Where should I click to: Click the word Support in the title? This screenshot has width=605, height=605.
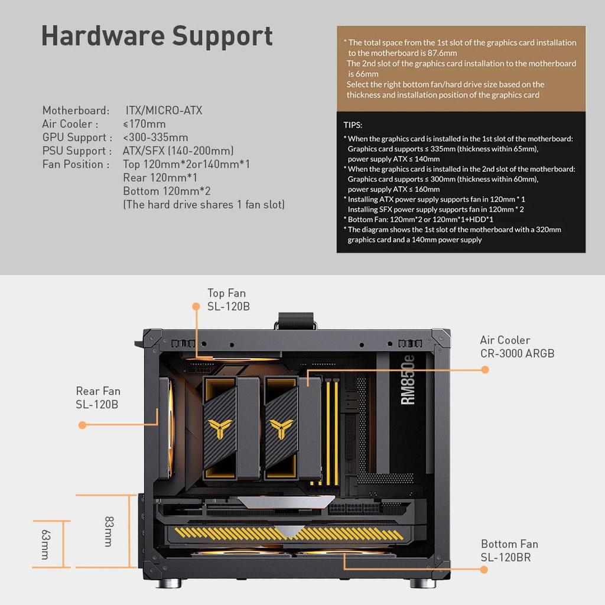[223, 37]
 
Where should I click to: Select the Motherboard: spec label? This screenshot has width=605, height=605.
[76, 110]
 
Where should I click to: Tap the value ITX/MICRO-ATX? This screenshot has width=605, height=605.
[164, 110]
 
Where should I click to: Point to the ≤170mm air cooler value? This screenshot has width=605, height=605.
[144, 124]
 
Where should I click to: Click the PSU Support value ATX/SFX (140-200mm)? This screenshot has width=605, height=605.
[178, 151]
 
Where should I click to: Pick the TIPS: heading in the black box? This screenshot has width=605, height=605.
[353, 125]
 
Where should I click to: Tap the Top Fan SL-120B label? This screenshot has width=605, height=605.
[226, 300]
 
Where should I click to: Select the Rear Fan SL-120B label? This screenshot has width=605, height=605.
[98, 397]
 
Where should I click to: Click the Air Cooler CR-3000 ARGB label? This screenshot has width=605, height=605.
[517, 347]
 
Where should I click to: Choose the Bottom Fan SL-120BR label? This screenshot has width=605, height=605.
[509, 550]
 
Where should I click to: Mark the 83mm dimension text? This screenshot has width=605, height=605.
[109, 531]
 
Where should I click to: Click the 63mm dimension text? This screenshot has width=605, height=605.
[44, 544]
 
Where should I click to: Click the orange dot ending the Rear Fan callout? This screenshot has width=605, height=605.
[82, 425]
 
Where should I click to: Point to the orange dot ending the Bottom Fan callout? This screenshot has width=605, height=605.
[484, 570]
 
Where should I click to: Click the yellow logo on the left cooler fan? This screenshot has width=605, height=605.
[219, 427]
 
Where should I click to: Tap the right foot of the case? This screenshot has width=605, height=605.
[423, 583]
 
